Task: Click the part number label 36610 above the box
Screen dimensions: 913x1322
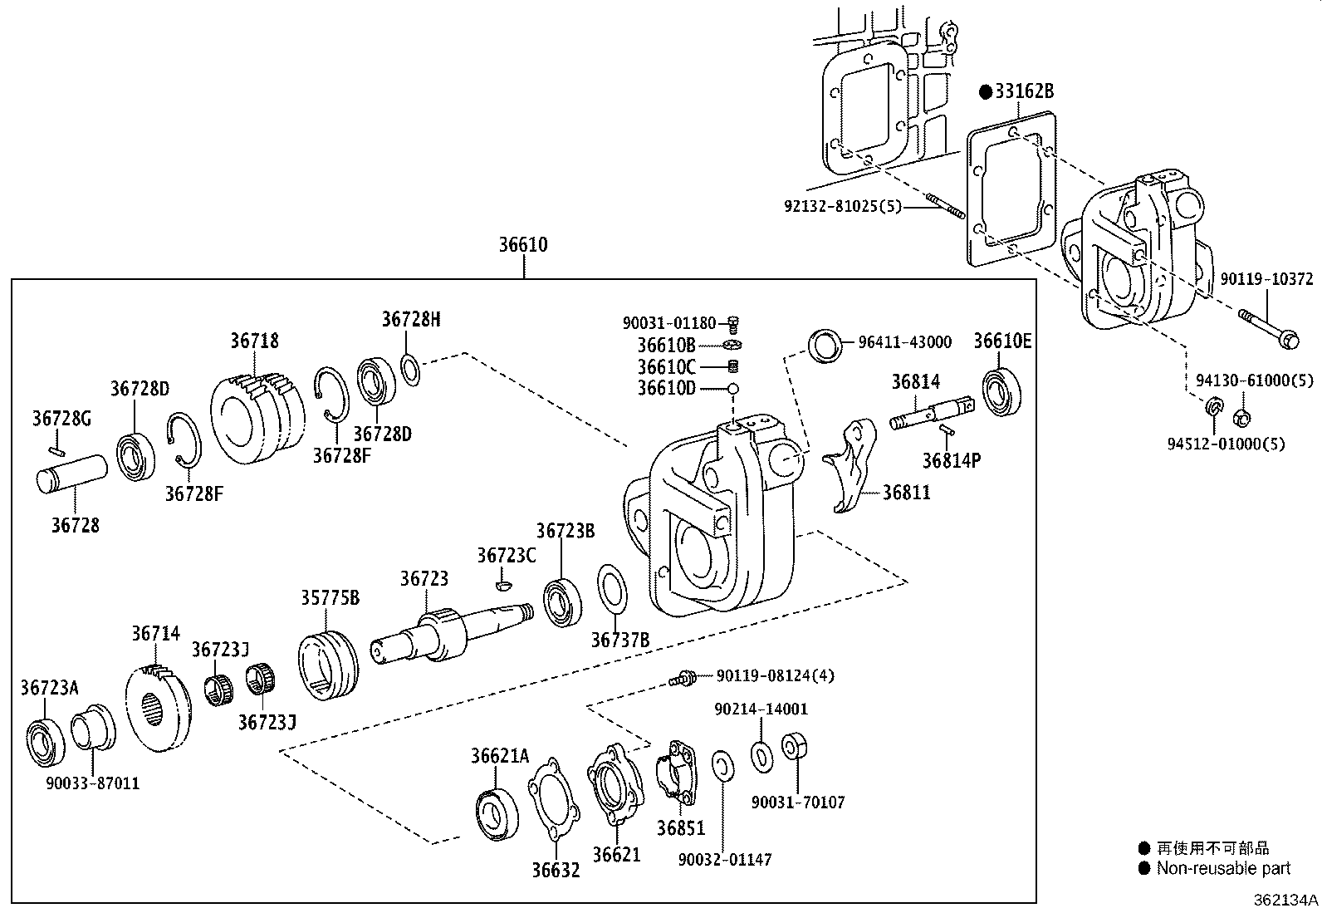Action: click(523, 245)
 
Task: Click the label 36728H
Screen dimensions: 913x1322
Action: click(411, 319)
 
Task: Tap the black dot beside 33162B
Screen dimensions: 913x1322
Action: click(985, 92)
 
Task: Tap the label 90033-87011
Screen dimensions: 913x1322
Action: click(92, 783)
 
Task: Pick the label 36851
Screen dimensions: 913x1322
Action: click(680, 828)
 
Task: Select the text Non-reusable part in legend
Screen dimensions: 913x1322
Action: click(1223, 868)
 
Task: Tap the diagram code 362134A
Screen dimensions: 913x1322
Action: click(1285, 900)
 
